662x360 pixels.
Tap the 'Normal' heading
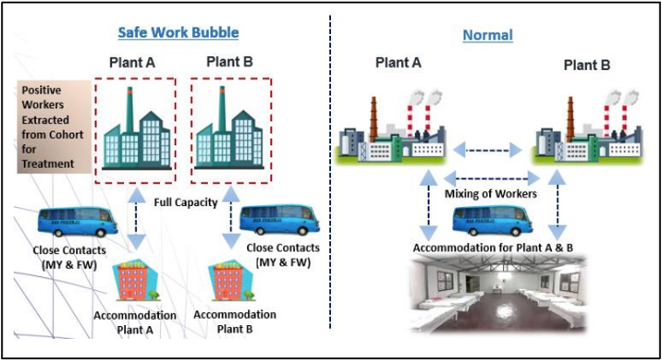tap(486, 36)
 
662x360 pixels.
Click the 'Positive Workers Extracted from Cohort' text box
tap(55, 127)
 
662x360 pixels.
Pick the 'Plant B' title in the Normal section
tap(586, 65)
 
